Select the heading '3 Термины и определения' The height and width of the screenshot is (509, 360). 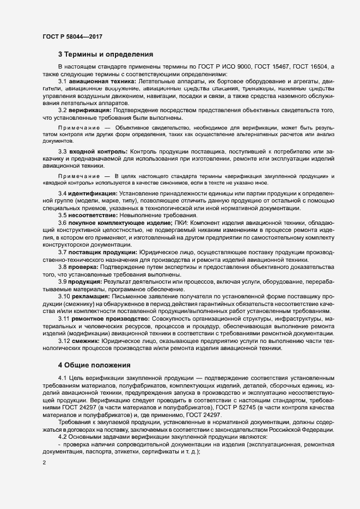(x=106, y=54)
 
